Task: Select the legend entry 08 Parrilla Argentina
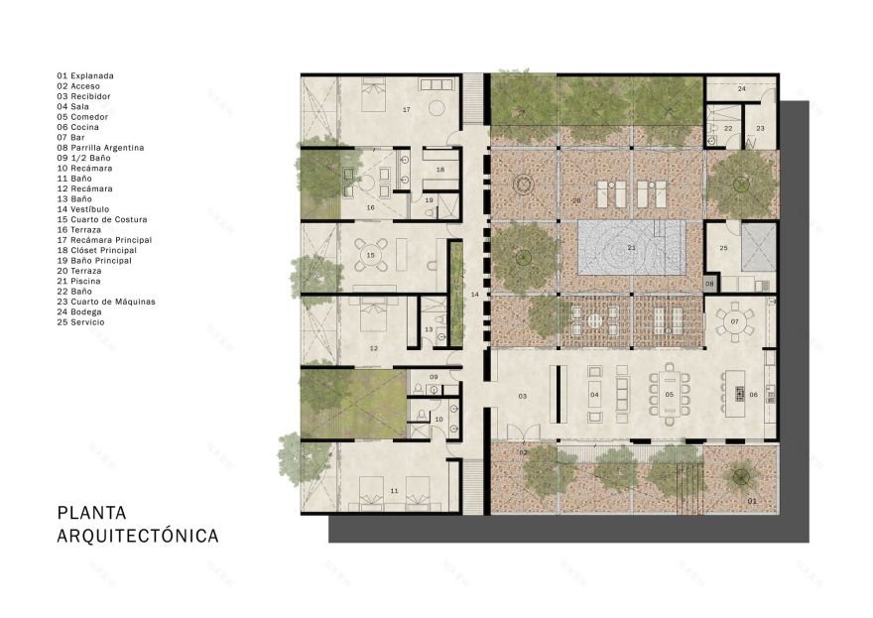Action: pos(100,148)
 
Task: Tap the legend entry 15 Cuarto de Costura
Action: pos(105,219)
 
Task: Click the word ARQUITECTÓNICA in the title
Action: pos(138,537)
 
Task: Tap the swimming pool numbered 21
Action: pos(630,248)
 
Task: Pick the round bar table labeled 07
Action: pos(735,322)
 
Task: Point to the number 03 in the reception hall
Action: pos(522,396)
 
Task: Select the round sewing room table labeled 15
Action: pos(370,255)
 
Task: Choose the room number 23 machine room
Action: pos(761,128)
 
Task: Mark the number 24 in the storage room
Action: pos(742,89)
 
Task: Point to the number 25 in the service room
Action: pos(723,247)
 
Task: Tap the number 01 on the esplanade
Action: pos(751,501)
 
